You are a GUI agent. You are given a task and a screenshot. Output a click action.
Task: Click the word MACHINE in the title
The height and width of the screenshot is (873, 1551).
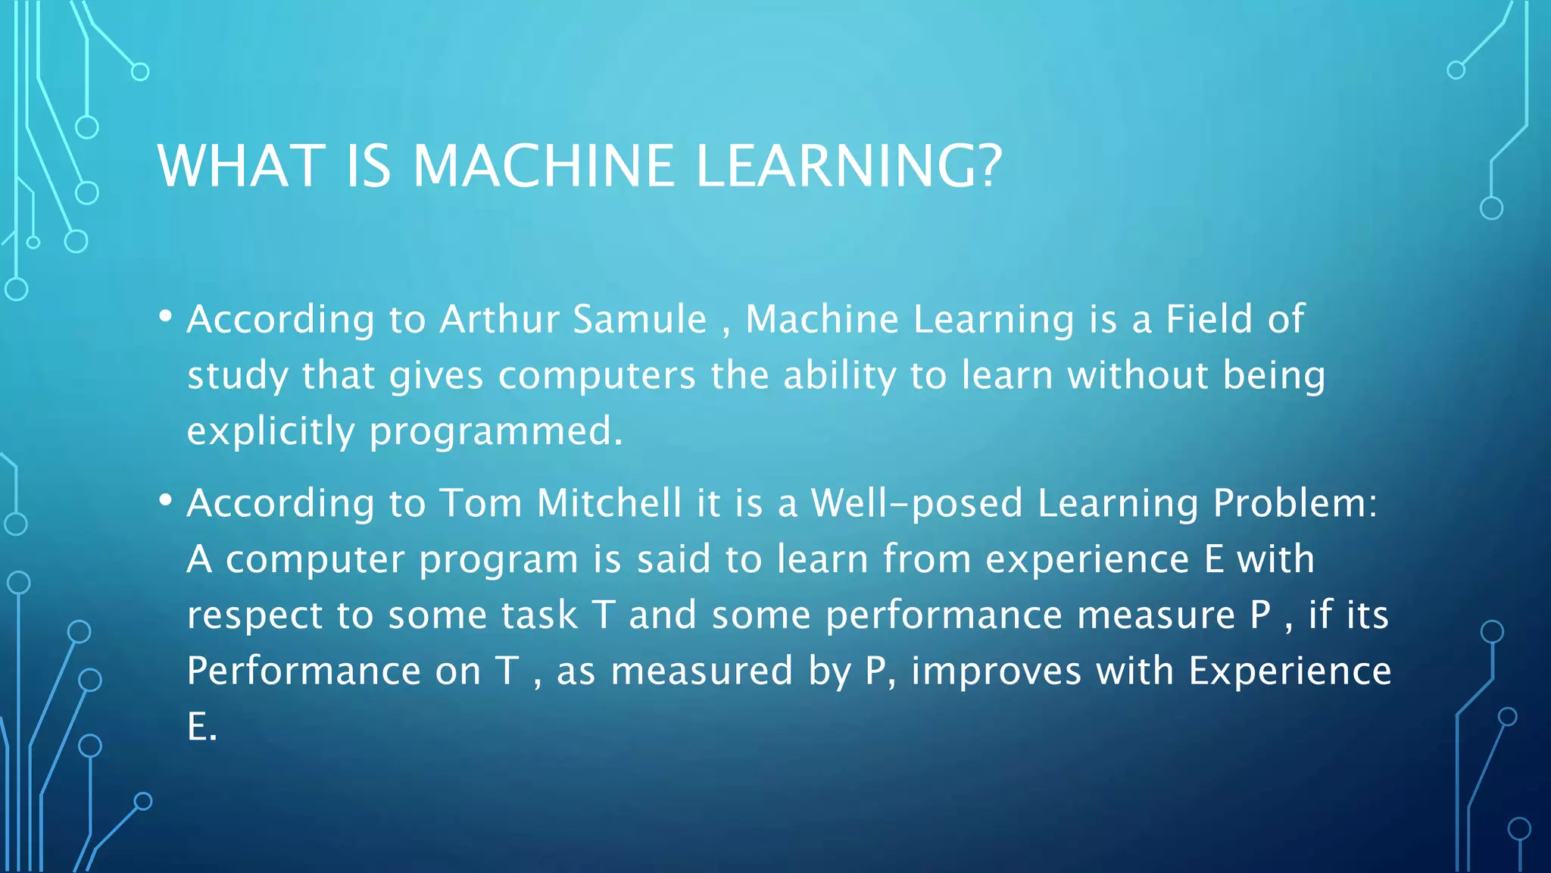click(x=543, y=166)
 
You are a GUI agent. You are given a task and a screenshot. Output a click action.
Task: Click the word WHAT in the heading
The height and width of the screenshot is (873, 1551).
click(x=241, y=166)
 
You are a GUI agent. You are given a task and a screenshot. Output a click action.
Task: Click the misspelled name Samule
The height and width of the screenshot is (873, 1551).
click(x=639, y=319)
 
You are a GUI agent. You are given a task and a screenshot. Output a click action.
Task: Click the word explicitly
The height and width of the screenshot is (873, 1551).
click(x=270, y=431)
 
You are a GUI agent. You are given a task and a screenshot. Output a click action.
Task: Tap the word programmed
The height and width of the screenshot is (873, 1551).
click(x=495, y=431)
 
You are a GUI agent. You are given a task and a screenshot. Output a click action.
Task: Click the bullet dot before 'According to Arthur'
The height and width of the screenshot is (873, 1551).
click(x=166, y=316)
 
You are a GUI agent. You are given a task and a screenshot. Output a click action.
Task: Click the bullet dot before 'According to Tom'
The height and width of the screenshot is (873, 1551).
click(x=166, y=500)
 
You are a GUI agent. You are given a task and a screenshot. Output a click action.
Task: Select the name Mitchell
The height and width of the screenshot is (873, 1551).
click(x=609, y=503)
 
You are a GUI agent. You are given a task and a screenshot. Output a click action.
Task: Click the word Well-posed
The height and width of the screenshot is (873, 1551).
click(x=916, y=503)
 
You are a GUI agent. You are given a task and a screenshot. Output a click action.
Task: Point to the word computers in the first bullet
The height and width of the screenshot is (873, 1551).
click(x=596, y=376)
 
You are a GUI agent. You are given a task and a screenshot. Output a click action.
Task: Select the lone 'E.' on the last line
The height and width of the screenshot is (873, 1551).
click(x=201, y=727)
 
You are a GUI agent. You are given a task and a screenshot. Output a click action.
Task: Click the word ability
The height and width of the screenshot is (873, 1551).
click(x=839, y=376)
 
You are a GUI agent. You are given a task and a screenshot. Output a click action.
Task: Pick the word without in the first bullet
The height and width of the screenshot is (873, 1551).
click(x=1138, y=376)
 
